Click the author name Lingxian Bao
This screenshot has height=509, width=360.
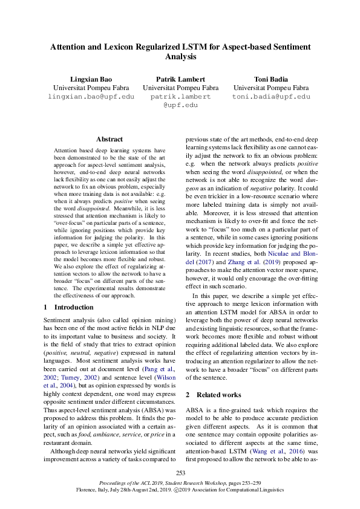[x=91, y=79]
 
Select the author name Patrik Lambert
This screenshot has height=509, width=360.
[x=180, y=79]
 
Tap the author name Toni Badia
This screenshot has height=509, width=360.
[x=270, y=79]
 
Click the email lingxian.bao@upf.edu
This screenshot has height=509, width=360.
[x=91, y=97]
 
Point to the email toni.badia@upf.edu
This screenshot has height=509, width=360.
[x=270, y=97]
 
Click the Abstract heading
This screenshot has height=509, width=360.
[x=109, y=139]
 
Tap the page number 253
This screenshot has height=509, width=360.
[x=180, y=473]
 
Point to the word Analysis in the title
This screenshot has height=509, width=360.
[x=180, y=56]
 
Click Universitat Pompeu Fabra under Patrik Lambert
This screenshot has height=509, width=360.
[x=180, y=88]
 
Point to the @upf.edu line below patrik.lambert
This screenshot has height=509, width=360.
[x=180, y=105]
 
